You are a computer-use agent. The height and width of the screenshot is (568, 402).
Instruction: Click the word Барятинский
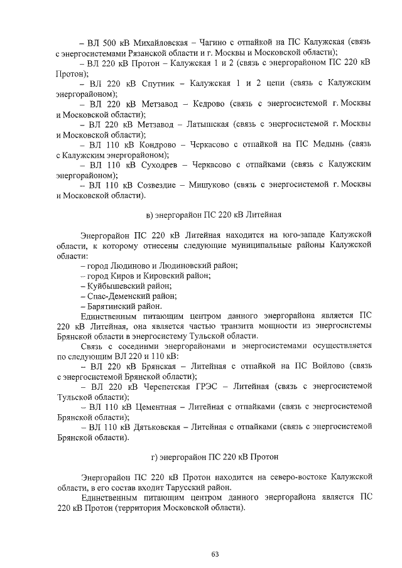[109, 306]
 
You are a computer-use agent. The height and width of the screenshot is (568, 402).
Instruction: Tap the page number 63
[214, 554]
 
